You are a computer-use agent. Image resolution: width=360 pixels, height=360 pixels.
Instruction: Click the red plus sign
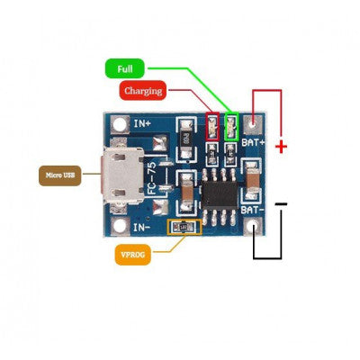[x=281, y=145]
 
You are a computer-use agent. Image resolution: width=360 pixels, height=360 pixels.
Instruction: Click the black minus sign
[x=282, y=205]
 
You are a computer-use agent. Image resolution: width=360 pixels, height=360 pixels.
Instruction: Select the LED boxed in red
[x=213, y=127]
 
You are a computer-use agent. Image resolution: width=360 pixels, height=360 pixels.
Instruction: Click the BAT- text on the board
[x=252, y=210]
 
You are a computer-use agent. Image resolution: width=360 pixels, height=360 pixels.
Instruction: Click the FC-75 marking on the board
[x=152, y=176]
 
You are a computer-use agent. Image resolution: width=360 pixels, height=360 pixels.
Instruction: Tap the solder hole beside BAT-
[x=258, y=228]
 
